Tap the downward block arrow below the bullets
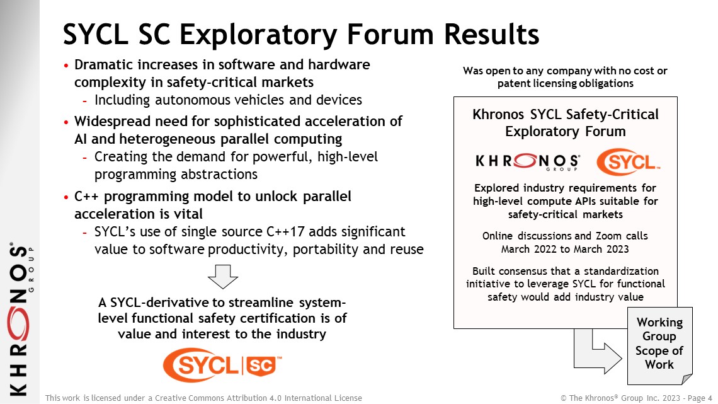(x=223, y=276)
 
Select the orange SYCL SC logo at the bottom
(x=222, y=364)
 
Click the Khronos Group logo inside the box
(x=528, y=162)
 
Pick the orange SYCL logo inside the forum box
(x=629, y=162)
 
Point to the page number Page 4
(x=700, y=398)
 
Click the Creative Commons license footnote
(x=204, y=398)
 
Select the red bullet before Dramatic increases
(x=66, y=66)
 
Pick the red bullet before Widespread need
(x=66, y=122)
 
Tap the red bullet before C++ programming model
(x=66, y=197)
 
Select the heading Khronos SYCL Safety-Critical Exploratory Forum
(x=566, y=123)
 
